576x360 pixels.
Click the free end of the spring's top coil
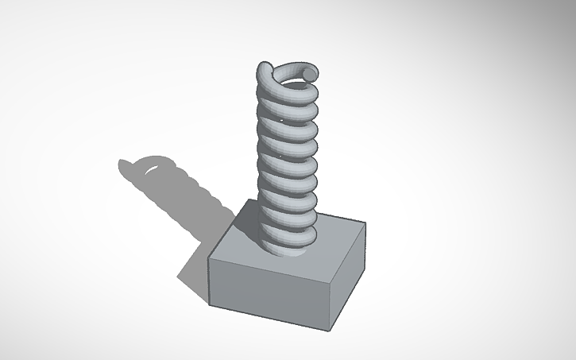310,74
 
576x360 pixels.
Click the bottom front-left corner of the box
211,305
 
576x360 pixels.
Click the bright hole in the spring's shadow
149,169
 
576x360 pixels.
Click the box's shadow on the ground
199,262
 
